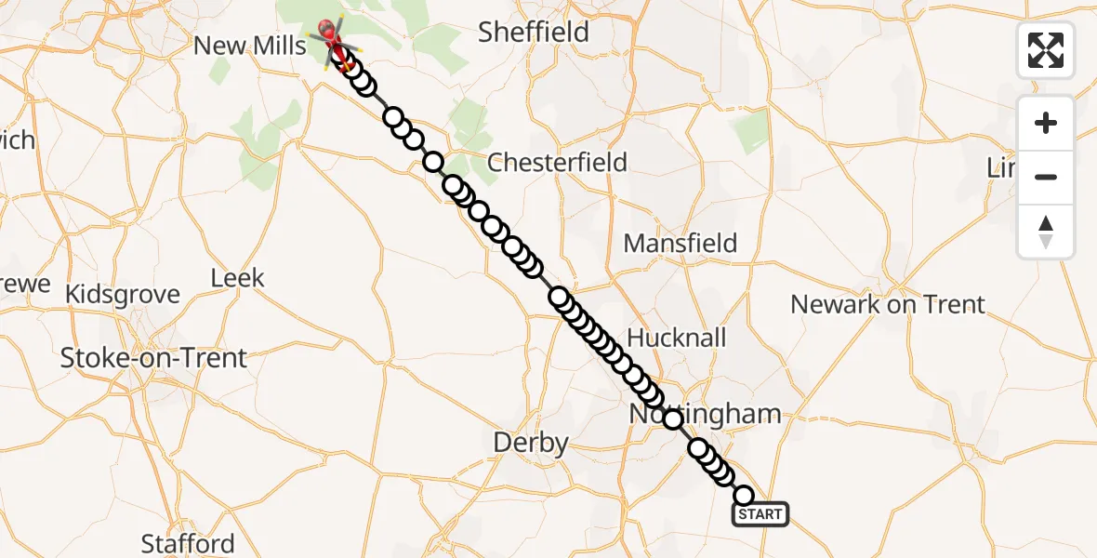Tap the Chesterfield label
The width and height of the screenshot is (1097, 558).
point(557,163)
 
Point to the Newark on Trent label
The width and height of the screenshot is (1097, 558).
point(887,304)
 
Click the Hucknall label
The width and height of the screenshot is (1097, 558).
point(677,338)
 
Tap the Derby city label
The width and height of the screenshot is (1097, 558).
point(530,444)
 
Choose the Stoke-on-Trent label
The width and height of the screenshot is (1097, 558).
point(153,358)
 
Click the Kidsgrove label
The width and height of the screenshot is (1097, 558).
point(123,295)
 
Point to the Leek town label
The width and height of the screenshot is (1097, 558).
point(237,278)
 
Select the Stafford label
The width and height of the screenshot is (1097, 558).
point(188,543)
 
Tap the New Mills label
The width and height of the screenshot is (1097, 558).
point(249,46)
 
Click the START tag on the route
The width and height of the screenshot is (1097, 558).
point(760,514)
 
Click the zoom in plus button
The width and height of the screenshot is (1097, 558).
point(1046,124)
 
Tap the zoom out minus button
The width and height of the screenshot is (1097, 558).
point(1046,177)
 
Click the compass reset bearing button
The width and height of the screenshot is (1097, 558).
point(1046,232)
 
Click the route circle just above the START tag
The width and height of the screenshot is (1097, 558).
point(744,495)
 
